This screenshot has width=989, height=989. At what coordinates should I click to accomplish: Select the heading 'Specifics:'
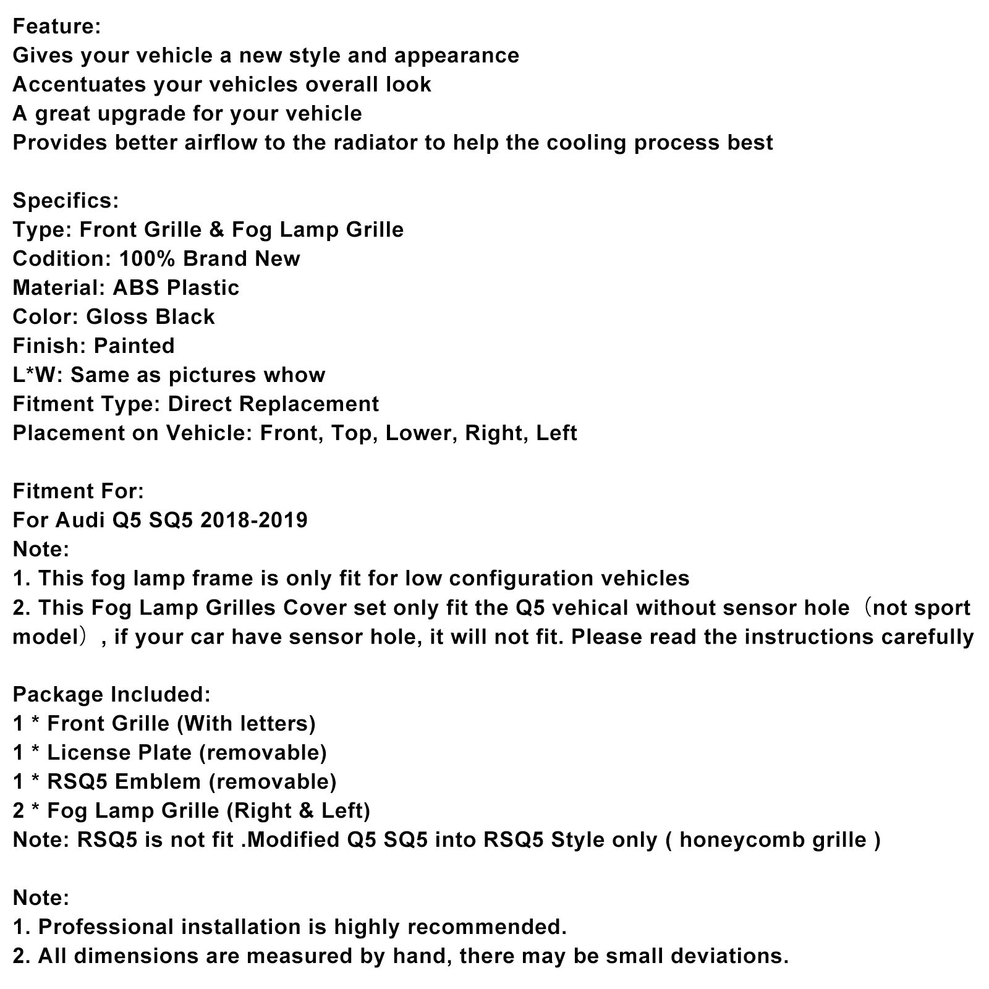pos(66,200)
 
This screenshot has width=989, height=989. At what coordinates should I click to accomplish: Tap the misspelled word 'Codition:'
pos(61,258)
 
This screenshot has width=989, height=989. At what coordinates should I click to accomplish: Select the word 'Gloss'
pos(117,316)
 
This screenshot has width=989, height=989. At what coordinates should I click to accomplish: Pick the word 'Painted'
pos(134,346)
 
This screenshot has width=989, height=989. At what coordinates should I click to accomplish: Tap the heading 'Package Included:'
pos(112,694)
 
